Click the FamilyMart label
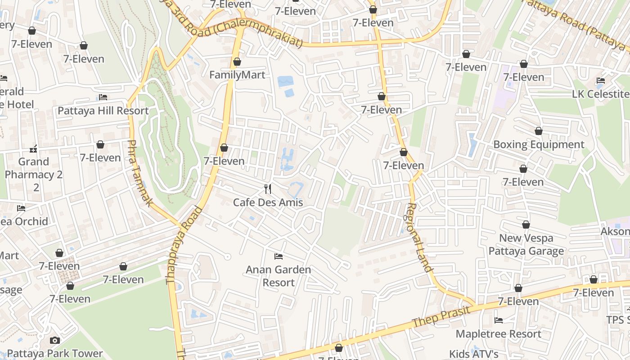237,75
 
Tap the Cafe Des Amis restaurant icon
268,189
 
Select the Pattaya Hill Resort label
103,110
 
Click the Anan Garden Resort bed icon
279,256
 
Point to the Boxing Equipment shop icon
539,131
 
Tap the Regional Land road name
419,238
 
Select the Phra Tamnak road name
139,173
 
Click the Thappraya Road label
184,245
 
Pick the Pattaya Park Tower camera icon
55,340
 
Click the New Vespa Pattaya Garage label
526,244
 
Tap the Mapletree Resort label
498,334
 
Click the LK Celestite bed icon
600,81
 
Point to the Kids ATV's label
473,354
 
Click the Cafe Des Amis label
268,202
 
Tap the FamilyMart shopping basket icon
237,62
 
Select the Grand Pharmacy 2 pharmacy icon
33,148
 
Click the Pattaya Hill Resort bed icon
103,97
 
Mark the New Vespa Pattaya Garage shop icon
526,225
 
